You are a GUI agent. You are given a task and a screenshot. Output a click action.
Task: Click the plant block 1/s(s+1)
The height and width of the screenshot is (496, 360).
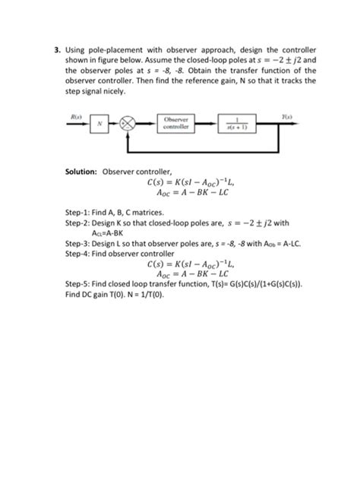(x=240, y=125)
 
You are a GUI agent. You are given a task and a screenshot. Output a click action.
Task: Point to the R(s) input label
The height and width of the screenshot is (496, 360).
(x=76, y=115)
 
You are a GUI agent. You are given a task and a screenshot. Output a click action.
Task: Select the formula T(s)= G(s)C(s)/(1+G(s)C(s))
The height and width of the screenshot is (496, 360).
(x=242, y=286)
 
